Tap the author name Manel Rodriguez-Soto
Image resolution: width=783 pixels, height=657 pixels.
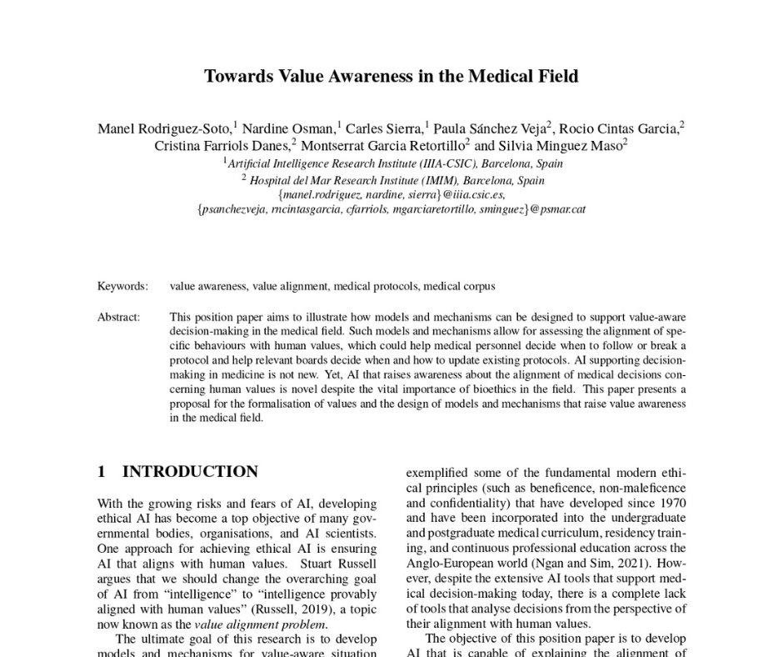click(x=165, y=128)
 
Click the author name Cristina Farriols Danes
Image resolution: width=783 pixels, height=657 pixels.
click(x=223, y=145)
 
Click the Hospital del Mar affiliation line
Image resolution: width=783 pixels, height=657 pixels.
click(x=392, y=180)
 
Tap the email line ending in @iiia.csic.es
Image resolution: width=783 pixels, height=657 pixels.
click(x=391, y=194)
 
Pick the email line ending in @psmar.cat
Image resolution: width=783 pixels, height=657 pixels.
click(x=391, y=209)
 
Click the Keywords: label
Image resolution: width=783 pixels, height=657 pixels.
click(x=122, y=286)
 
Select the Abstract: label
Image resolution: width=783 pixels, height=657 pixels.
click(x=119, y=317)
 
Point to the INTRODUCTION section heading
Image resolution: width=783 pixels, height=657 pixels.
click(x=190, y=472)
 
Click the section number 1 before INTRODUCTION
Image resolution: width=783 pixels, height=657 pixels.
click(x=102, y=472)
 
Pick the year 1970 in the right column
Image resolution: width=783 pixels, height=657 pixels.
click(x=671, y=503)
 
